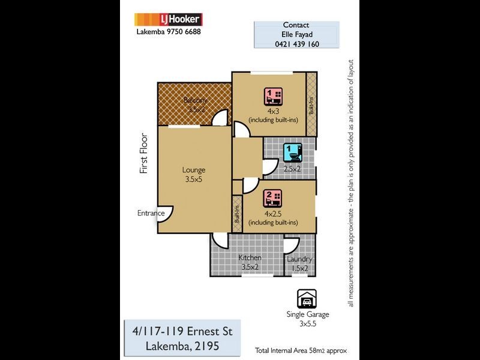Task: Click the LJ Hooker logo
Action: pyautogui.click(x=168, y=19)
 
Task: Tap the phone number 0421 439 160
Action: pyautogui.click(x=296, y=44)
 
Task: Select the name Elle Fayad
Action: pyautogui.click(x=296, y=34)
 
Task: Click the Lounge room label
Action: pyautogui.click(x=194, y=170)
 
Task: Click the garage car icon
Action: pyautogui.click(x=307, y=298)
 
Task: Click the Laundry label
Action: pyautogui.click(x=299, y=259)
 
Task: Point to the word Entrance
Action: pyautogui.click(x=151, y=213)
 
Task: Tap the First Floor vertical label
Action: pyautogui.click(x=144, y=154)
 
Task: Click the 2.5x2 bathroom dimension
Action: pyautogui.click(x=292, y=169)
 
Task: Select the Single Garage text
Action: pyautogui.click(x=307, y=314)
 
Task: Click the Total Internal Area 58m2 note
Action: pyautogui.click(x=301, y=350)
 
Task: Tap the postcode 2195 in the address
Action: pyautogui.click(x=205, y=346)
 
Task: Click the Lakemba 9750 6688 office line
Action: pyautogui.click(x=169, y=32)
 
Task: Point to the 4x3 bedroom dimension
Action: pyautogui.click(x=274, y=111)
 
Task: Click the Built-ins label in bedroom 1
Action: pyautogui.click(x=311, y=105)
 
